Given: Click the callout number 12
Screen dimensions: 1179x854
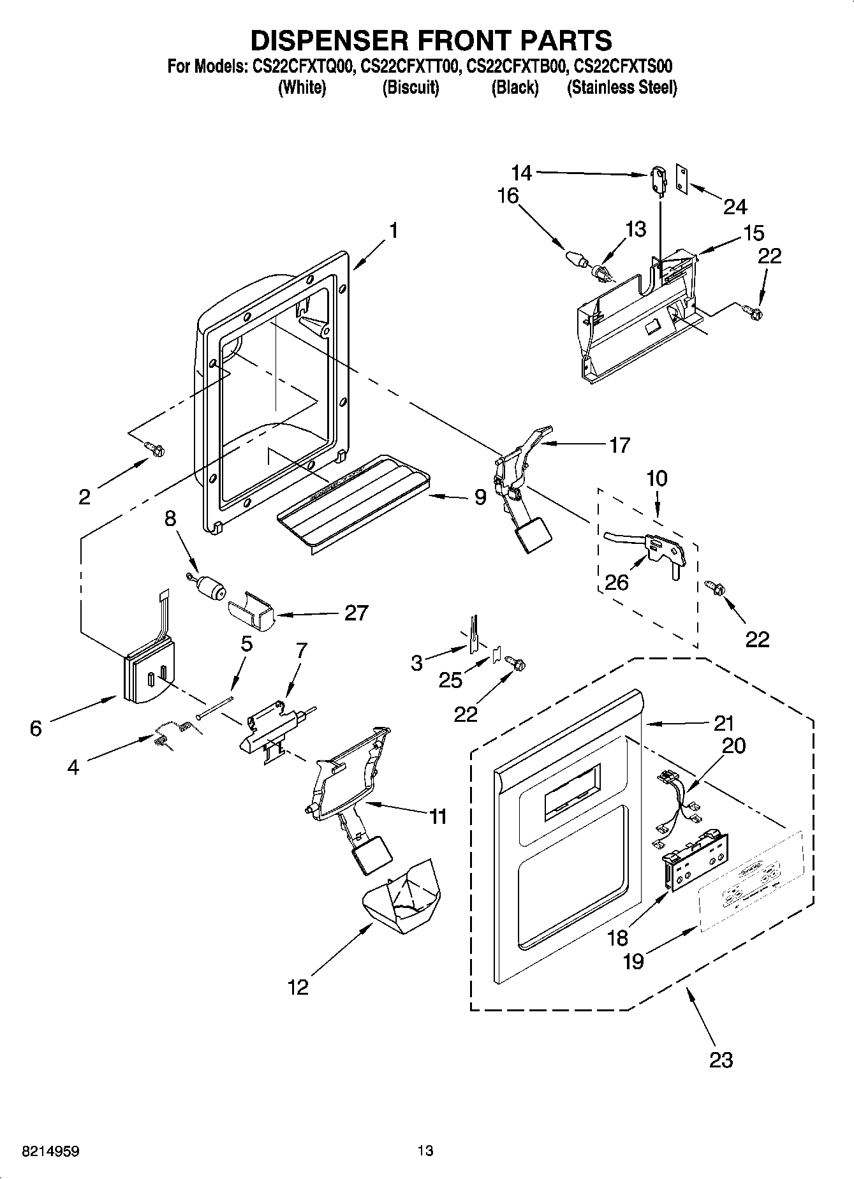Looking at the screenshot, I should click(x=298, y=987).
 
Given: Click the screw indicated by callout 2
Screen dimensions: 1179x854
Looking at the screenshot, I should click(x=155, y=450).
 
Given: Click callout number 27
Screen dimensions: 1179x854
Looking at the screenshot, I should click(x=356, y=613).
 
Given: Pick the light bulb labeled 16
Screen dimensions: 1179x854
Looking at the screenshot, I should click(x=577, y=259).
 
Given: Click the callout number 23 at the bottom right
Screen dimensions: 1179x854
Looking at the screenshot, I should click(x=721, y=1060).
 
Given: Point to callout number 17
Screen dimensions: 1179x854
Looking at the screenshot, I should click(x=619, y=444).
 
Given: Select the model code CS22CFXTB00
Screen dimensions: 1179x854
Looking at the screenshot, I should click(x=515, y=66).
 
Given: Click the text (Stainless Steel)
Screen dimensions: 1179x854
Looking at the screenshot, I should click(x=622, y=87).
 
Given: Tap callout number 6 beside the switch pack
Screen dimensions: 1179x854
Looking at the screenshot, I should click(x=36, y=728).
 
